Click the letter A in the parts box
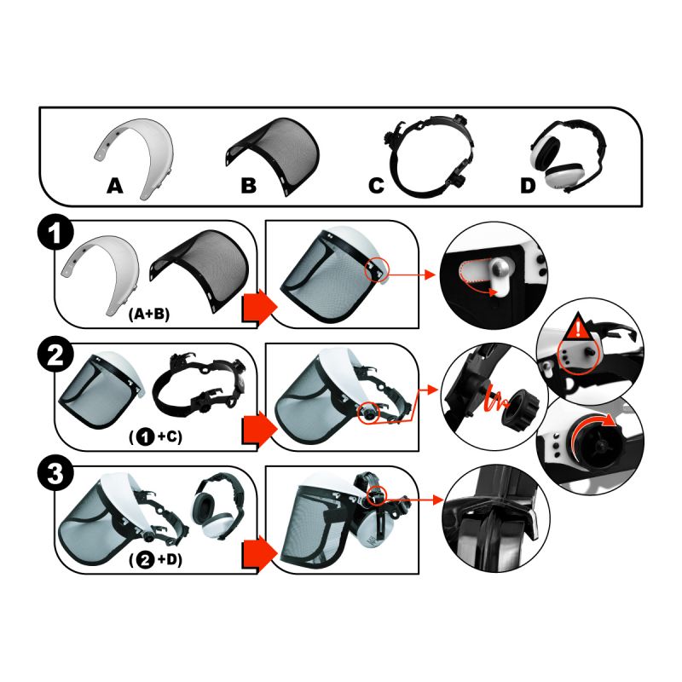tap(115, 185)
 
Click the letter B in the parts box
tap(248, 185)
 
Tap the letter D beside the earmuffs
tap(529, 185)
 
